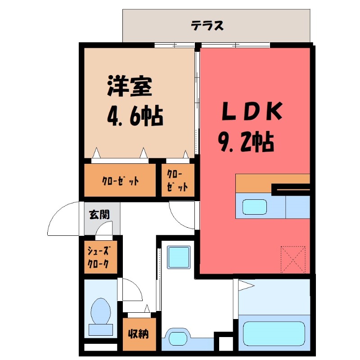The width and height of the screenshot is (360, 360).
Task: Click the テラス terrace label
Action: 207,26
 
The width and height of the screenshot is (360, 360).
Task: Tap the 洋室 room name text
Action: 129,87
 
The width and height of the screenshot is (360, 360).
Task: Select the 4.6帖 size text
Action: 135,116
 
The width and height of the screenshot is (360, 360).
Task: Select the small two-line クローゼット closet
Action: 177,180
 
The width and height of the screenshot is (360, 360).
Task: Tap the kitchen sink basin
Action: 255,207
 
